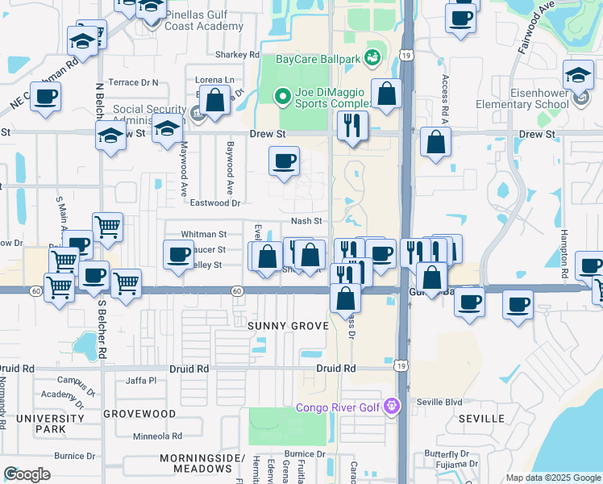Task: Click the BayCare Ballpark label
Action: [318, 59]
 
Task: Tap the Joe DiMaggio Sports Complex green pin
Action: [282, 98]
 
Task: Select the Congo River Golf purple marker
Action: [392, 407]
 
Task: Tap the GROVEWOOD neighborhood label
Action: [145, 414]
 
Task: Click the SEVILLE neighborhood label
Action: [480, 419]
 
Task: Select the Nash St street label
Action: [306, 221]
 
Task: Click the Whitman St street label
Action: [204, 234]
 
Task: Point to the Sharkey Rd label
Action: [237, 55]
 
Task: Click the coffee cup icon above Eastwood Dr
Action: [284, 161]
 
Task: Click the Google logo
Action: [27, 474]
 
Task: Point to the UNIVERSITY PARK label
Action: [50, 423]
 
